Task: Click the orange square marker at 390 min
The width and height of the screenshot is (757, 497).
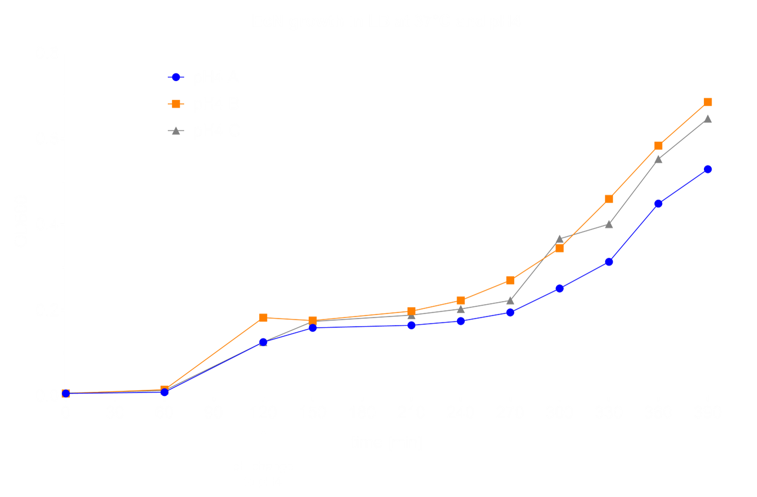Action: click(708, 102)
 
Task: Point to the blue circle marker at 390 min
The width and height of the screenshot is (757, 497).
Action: click(708, 169)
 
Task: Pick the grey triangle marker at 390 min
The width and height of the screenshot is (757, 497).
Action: click(708, 119)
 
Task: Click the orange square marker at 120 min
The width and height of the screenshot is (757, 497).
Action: click(263, 318)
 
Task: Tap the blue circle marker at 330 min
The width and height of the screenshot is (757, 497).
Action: click(609, 262)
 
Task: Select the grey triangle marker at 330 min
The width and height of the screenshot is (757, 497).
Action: click(609, 224)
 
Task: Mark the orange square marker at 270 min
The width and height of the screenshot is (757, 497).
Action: click(510, 281)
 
